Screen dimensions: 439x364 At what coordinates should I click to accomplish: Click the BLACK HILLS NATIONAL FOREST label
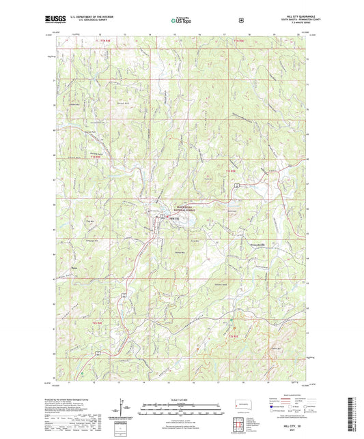(186, 208)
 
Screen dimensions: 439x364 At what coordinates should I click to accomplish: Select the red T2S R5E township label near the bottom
(233, 335)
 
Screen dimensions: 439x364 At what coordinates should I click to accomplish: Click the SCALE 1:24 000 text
(182, 399)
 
